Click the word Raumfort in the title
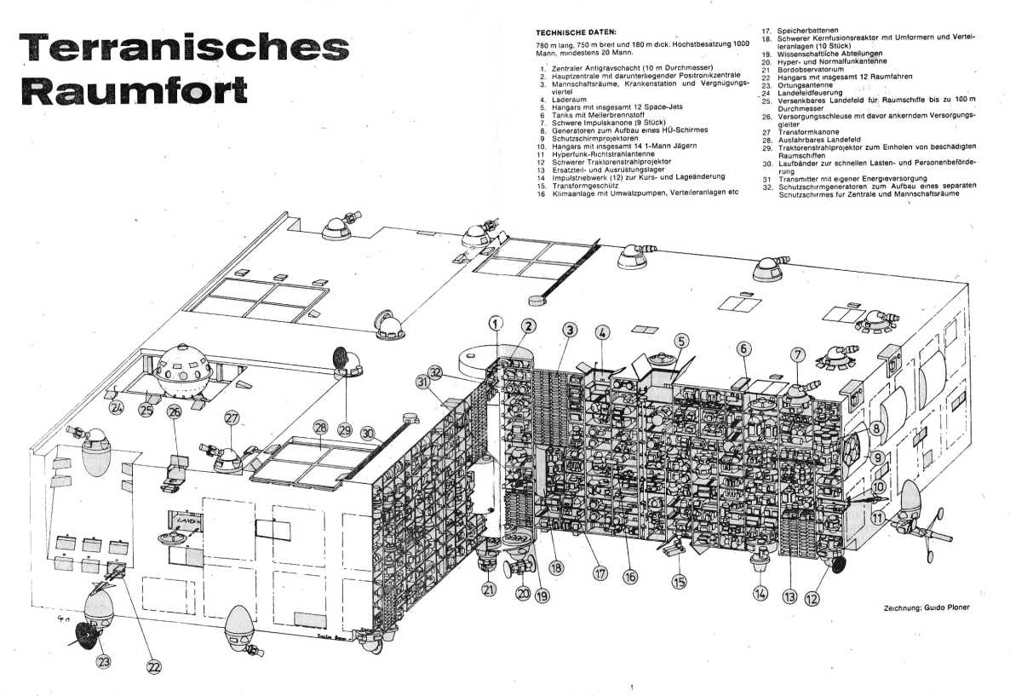pos(135,89)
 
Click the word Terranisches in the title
pos(185,46)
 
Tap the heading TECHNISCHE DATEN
pos(576,32)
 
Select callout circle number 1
pos(496,324)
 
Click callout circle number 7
pos(797,354)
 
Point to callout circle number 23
pos(104,660)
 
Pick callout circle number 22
pos(153,667)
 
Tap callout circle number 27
pos(232,417)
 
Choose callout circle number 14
pos(760,593)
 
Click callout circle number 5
pos(682,340)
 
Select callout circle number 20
pos(524,592)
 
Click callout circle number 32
pos(437,371)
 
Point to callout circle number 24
pos(117,407)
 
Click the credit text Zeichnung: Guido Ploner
pos(927,607)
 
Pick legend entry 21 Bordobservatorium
pos(802,69)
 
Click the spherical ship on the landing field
pos(184,371)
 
